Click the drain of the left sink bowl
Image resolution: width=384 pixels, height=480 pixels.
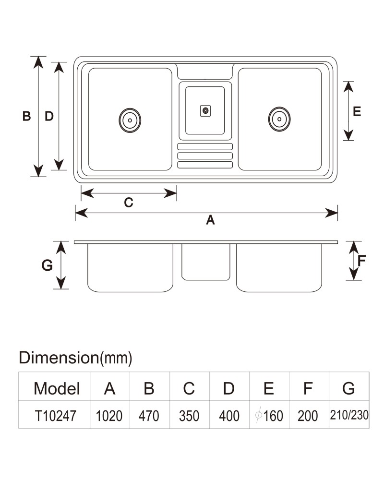[130, 120]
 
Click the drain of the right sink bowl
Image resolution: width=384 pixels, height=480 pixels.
[279, 119]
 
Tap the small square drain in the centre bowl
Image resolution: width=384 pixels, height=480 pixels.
[205, 111]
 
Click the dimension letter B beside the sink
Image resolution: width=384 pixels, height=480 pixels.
[27, 116]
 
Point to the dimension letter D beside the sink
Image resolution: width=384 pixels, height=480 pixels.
[49, 116]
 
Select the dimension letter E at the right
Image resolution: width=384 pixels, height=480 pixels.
[357, 111]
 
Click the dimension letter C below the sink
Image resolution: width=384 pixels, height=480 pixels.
[129, 203]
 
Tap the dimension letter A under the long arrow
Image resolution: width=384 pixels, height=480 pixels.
[210, 220]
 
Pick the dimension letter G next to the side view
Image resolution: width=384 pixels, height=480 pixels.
[47, 265]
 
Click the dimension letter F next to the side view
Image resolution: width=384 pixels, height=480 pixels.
[361, 261]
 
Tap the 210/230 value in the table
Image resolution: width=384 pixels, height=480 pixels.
[349, 415]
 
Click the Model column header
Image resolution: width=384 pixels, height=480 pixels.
[57, 388]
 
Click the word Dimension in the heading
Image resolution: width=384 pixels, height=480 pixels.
[59, 357]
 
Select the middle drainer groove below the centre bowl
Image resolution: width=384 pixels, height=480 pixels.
[205, 156]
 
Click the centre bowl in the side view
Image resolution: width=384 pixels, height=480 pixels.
[206, 262]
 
